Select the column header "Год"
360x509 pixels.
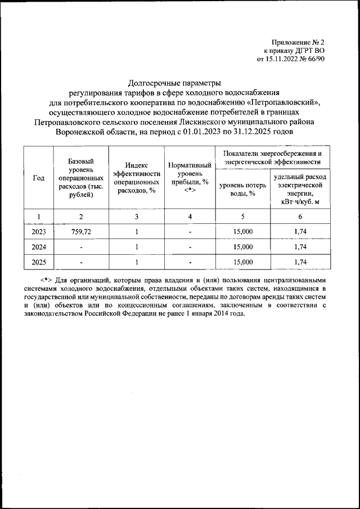click(38, 178)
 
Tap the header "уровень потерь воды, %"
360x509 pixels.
click(242, 189)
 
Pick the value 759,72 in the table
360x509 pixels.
click(81, 231)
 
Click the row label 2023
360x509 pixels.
click(38, 231)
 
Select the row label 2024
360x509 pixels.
click(38, 246)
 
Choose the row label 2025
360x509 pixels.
click(38, 262)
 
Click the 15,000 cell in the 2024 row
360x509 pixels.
click(242, 246)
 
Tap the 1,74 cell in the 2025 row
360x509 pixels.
click(300, 262)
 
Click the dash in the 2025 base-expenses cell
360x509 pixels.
click(81, 262)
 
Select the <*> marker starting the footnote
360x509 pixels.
click(47, 279)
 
